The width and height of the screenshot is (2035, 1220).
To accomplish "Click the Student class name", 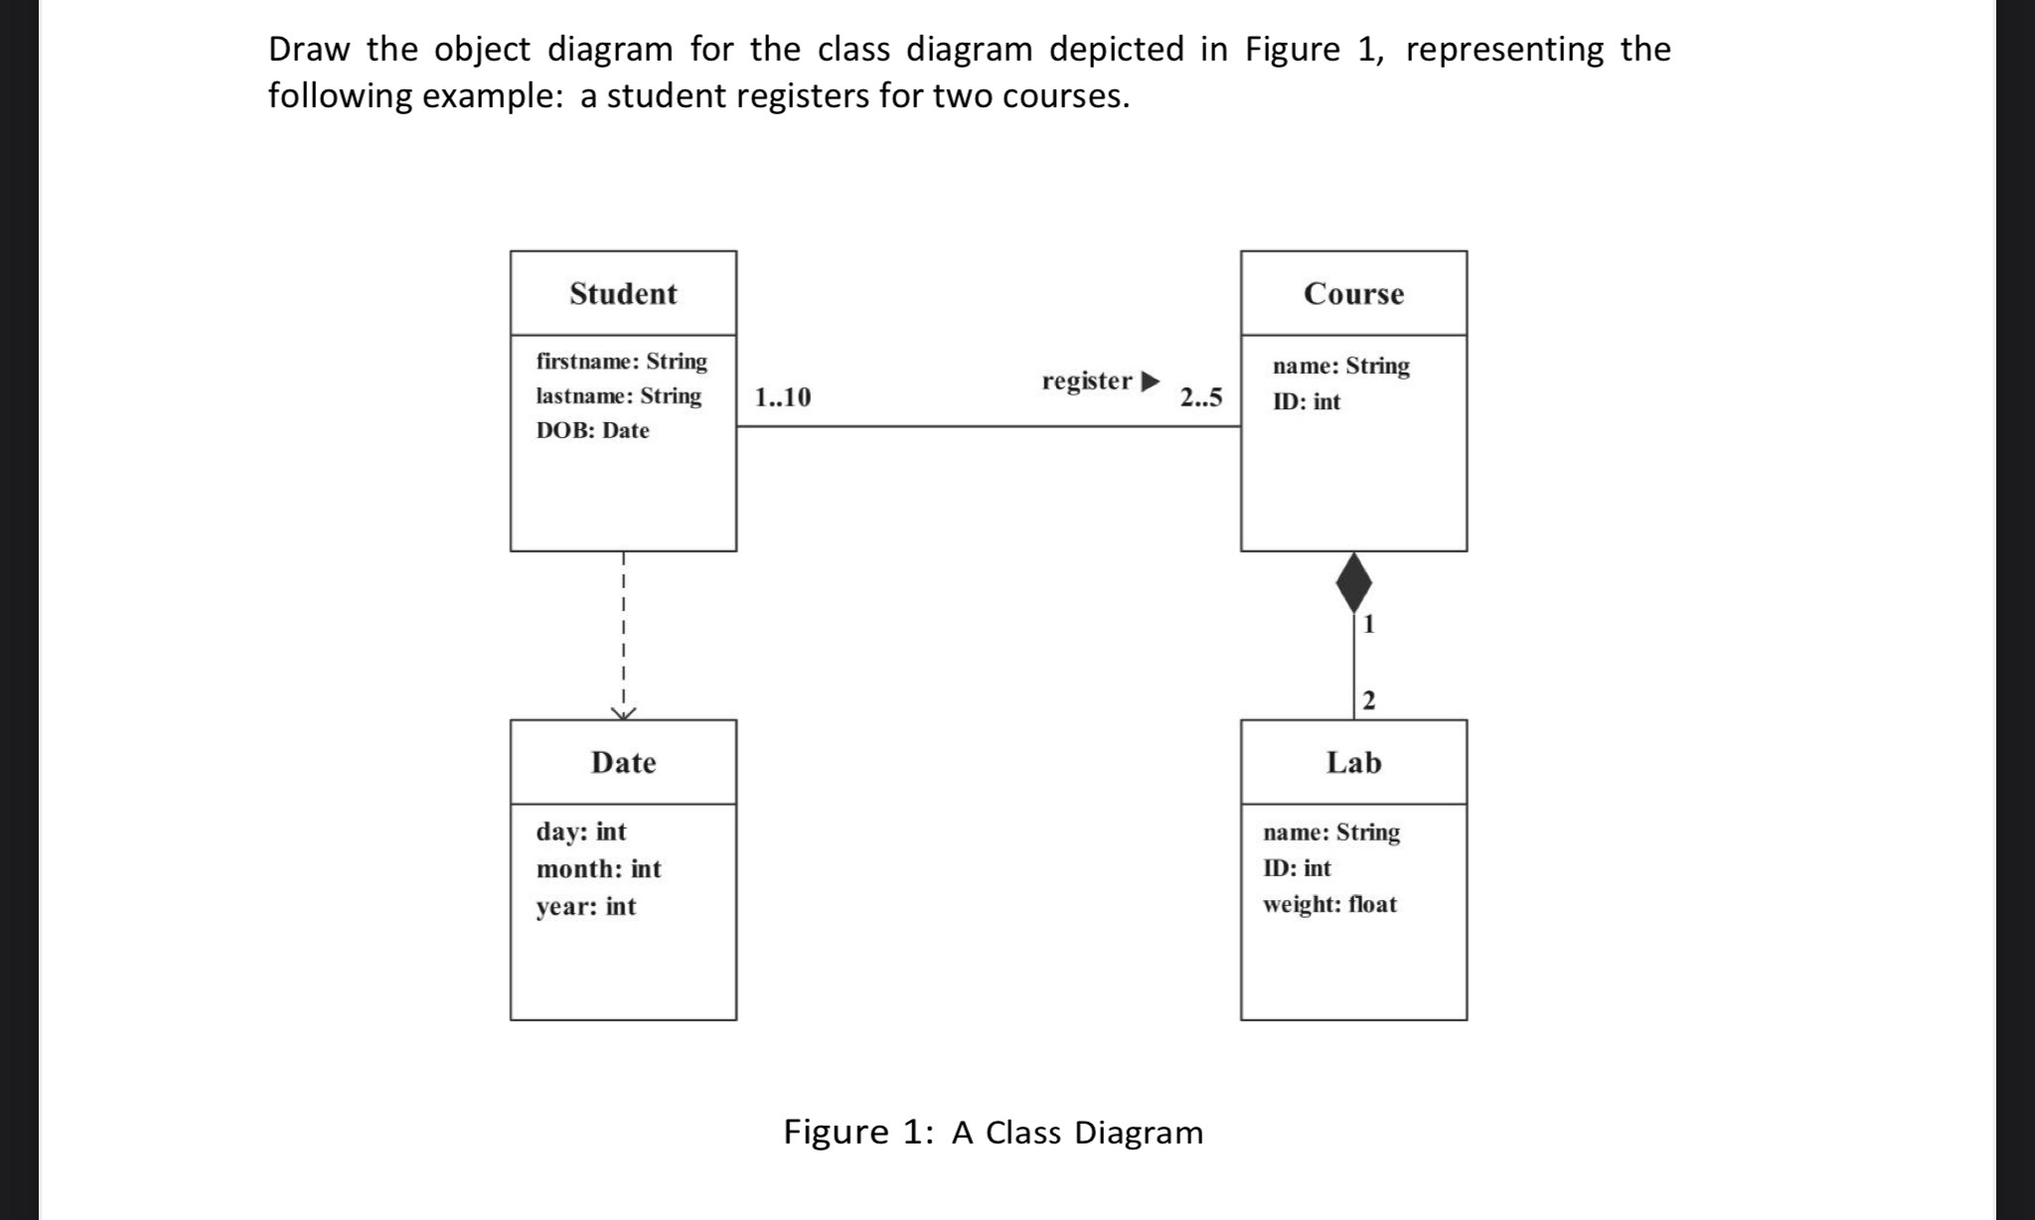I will point(623,294).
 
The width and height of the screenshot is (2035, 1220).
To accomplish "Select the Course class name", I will point(1353,294).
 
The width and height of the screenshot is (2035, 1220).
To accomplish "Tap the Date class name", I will point(623,763).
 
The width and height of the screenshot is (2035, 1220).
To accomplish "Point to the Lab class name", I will point(1353,763).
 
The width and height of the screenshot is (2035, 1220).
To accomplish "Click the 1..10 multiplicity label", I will point(782,398).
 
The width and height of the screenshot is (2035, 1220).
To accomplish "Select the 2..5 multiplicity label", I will point(1200,398).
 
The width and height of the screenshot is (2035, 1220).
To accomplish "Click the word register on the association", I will point(1087,381).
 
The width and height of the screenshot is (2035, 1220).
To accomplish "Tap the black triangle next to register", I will point(1150,381).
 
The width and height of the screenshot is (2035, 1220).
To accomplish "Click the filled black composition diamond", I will point(1353,583).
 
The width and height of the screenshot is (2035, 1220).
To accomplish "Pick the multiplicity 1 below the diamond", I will point(1369,625).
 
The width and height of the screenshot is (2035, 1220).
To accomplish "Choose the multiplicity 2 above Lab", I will point(1369,701).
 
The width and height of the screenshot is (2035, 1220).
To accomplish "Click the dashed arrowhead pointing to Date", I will point(623,712).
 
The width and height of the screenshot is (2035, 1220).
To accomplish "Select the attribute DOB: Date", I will point(592,431).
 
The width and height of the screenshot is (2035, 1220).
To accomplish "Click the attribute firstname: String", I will point(622,362).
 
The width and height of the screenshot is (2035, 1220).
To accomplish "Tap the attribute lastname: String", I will point(618,396).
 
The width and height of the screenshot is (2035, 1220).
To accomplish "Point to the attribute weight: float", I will point(1330,905).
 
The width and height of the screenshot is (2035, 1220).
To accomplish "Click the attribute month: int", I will point(598,869).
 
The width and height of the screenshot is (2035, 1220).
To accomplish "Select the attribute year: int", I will point(585,907).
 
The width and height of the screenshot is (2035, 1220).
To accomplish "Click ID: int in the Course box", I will point(1306,402).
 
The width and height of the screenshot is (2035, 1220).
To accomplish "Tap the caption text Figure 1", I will point(858,1133).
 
